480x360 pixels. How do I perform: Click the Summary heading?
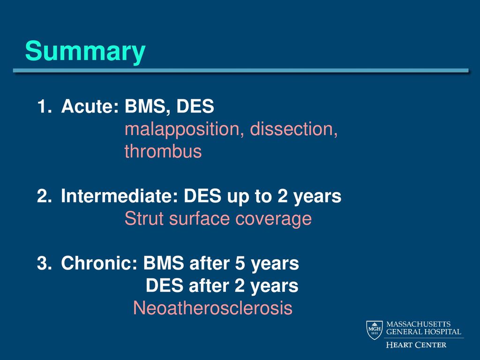[x=85, y=52]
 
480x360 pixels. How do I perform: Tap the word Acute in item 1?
[x=90, y=106]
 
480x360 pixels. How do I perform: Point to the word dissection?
[x=293, y=129]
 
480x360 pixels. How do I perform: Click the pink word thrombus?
[x=163, y=151]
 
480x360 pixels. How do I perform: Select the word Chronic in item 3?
[x=99, y=263]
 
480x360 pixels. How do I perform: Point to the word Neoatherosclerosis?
[x=213, y=308]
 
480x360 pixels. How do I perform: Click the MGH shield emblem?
[x=375, y=330]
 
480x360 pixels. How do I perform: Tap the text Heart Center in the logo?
[x=416, y=345]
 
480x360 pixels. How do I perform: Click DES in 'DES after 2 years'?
[x=165, y=285]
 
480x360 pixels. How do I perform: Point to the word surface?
[x=199, y=218]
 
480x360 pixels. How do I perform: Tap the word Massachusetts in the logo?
[x=418, y=324]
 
